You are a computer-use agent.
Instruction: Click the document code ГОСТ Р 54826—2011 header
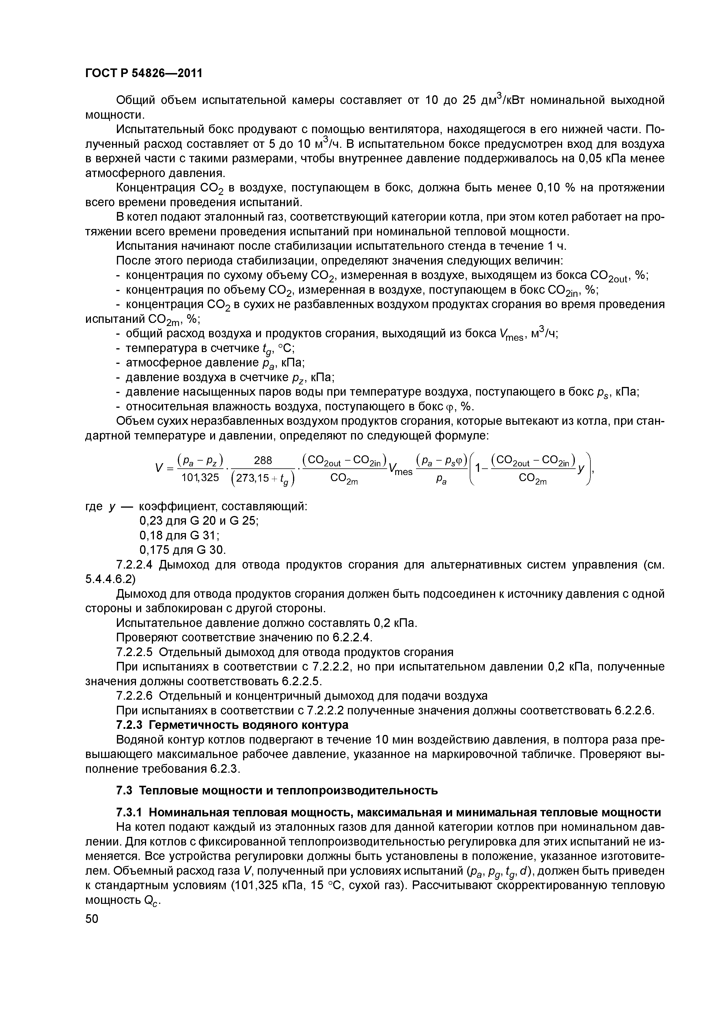click(x=143, y=73)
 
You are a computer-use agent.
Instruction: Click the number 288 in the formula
click(x=263, y=460)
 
